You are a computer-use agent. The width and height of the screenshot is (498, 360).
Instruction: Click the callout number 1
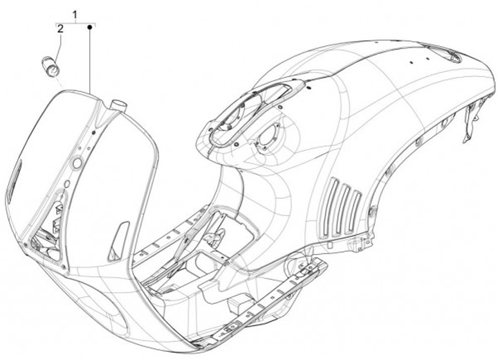coord(75,14)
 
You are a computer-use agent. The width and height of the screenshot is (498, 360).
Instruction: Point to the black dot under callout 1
coord(90,27)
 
